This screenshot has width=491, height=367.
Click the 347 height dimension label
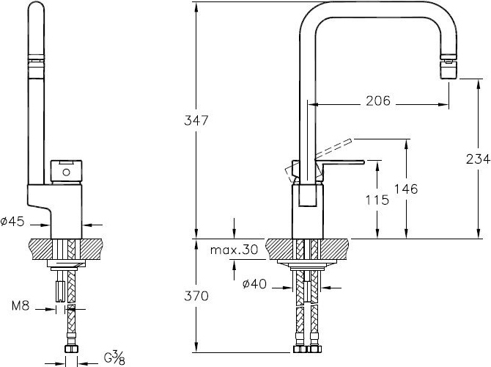coord(196,120)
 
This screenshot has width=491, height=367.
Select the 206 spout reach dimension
coord(378,101)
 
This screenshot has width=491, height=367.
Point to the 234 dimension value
coord(478,159)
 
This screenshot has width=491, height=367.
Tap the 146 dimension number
coord(406,189)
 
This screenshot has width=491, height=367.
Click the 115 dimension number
coord(377,200)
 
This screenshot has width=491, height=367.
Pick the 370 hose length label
coord(196,296)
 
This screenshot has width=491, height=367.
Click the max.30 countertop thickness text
coord(235,250)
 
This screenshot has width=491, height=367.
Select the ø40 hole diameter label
coord(254,284)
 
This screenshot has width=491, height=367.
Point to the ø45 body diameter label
coord(12,222)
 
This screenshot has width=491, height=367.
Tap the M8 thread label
coord(21,305)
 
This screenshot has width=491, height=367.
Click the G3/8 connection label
coord(114,358)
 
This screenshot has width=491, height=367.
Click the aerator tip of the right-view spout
coord(448,69)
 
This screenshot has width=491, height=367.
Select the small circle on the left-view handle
coord(67,172)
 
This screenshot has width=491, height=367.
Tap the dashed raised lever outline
coord(333,148)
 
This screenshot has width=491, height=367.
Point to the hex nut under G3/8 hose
coord(71,349)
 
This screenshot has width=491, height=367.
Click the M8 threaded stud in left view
coord(60,291)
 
